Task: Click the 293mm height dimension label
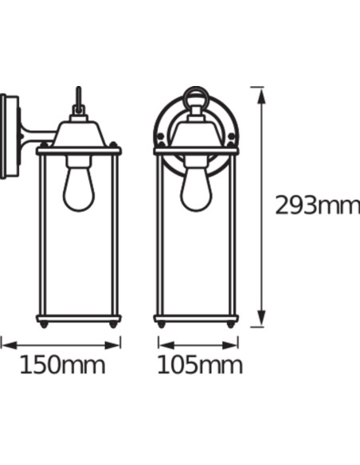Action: tap(317, 205)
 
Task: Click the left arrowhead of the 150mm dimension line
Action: tap(5, 343)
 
